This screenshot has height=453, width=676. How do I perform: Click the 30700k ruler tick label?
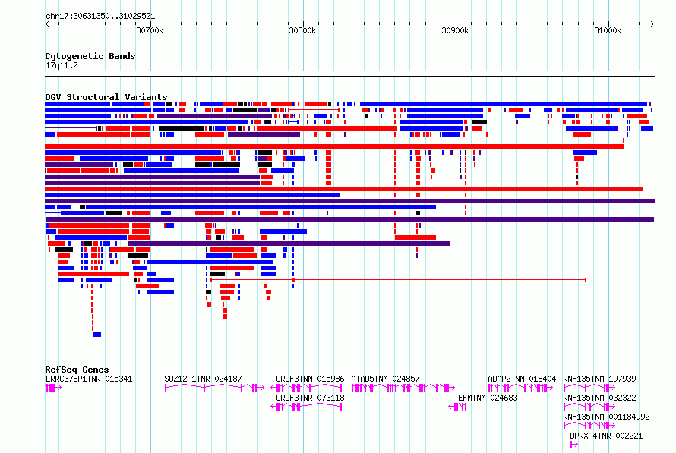tap(150, 30)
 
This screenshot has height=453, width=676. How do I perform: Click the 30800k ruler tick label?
tap(302, 30)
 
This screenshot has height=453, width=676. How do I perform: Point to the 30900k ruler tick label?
tap(455, 30)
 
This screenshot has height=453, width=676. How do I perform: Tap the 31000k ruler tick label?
tap(608, 30)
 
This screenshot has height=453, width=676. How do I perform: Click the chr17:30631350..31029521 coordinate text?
tap(100, 16)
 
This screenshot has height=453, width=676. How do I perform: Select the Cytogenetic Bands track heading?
tap(90, 56)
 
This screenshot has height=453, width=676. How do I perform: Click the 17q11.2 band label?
tap(62, 65)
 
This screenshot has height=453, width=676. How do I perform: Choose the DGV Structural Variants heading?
tap(106, 97)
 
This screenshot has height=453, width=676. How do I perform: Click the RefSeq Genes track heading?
tap(77, 370)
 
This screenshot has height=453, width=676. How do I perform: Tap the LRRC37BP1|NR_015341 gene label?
tap(89, 379)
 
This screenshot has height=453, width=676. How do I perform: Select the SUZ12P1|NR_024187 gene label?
tap(203, 379)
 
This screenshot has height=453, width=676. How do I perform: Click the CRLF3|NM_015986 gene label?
tap(310, 379)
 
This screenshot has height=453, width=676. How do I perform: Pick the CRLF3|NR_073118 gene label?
tap(310, 398)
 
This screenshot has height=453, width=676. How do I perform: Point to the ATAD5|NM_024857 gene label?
tap(385, 379)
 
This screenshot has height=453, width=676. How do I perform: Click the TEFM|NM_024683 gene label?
tap(485, 398)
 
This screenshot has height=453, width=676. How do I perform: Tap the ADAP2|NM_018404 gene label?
tap(522, 379)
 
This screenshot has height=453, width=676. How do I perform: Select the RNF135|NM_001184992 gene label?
tap(606, 417)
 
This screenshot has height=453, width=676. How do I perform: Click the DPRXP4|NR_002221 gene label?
tap(606, 436)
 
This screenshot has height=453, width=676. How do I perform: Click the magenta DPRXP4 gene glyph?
tap(573, 445)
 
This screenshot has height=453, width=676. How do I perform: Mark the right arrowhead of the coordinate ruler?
tap(653, 24)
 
